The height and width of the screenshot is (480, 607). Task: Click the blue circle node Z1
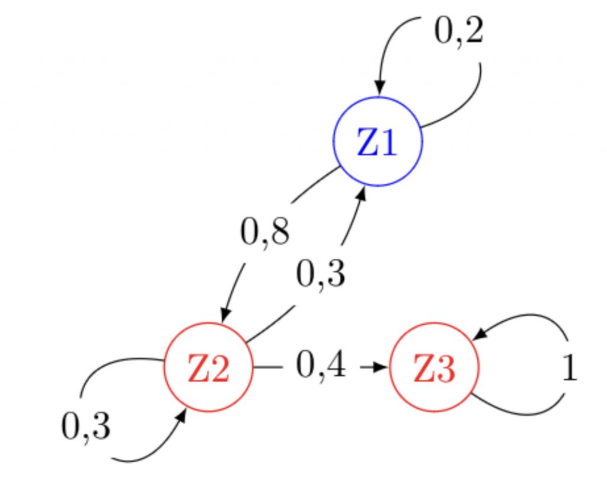point(378,142)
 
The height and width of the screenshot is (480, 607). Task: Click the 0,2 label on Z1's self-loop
point(459,32)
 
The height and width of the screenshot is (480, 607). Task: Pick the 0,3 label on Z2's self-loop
point(85,426)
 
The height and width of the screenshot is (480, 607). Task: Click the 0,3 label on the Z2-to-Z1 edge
point(320,274)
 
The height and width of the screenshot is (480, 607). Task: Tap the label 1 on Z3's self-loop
point(568,369)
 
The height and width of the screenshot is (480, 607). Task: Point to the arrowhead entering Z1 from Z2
point(361,193)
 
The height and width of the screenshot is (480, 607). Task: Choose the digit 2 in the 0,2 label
point(472,32)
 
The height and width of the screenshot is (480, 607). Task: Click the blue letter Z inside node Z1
point(367,143)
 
